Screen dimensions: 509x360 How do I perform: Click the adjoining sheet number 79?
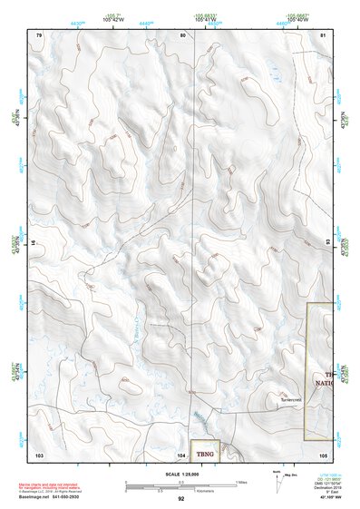tap(39, 34)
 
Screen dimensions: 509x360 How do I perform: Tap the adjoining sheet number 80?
tap(182, 34)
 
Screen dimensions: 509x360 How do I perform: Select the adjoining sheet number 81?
tap(325, 34)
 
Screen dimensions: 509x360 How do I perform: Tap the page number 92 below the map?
tap(181, 499)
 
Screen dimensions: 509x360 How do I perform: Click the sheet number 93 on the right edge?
tap(328, 242)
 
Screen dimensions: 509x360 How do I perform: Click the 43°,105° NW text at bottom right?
tap(322, 498)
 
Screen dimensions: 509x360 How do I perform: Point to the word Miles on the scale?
tap(240, 480)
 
